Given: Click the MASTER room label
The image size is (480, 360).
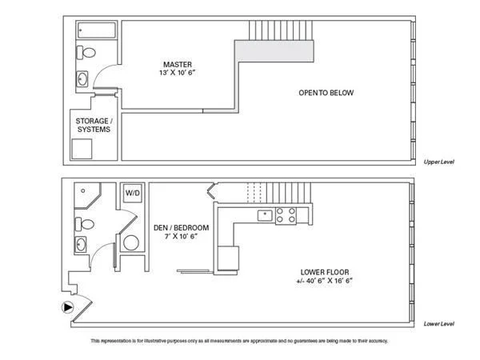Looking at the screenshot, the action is click(x=178, y=65).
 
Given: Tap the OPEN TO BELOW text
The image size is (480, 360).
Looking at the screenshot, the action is click(x=326, y=93).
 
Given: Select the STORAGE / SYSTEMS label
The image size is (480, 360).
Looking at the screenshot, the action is click(x=94, y=126).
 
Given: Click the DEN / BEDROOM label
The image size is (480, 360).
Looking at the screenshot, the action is click(x=182, y=228).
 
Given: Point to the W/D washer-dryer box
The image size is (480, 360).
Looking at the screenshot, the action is click(x=133, y=193).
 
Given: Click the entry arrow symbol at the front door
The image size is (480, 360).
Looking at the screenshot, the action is click(x=68, y=307).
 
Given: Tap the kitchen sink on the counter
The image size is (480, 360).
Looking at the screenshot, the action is click(x=265, y=215).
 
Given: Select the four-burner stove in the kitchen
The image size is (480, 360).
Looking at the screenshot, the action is click(x=286, y=215).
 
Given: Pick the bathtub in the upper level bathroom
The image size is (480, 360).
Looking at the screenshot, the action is click(x=97, y=30).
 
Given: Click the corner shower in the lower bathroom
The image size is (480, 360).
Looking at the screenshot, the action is click(x=87, y=196).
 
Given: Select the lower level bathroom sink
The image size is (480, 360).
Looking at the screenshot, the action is click(x=81, y=245).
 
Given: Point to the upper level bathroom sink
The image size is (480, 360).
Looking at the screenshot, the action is click(x=82, y=79).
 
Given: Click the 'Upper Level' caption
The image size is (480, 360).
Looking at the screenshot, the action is click(x=438, y=162).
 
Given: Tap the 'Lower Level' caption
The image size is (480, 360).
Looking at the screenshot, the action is click(x=438, y=324).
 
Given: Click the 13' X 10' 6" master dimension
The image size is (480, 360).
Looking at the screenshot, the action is click(x=178, y=73).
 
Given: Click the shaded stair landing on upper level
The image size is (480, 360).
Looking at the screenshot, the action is click(x=274, y=51).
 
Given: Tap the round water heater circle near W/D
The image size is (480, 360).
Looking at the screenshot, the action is click(x=131, y=242).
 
